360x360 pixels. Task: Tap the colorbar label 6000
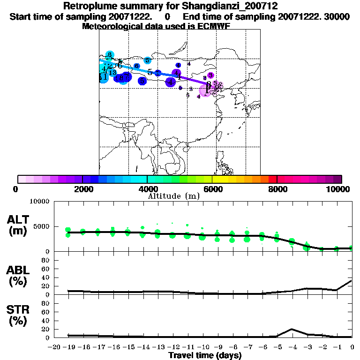click(x=212, y=189)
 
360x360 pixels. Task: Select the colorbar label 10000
click(x=338, y=189)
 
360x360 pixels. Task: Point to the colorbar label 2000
click(x=82, y=189)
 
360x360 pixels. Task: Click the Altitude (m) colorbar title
click(x=173, y=195)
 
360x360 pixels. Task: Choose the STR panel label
click(x=18, y=315)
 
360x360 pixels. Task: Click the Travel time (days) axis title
click(x=205, y=356)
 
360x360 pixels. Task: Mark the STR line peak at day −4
click(x=292, y=329)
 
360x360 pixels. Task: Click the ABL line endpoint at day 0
click(x=352, y=281)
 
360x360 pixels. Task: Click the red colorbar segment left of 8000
click(x=272, y=179)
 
